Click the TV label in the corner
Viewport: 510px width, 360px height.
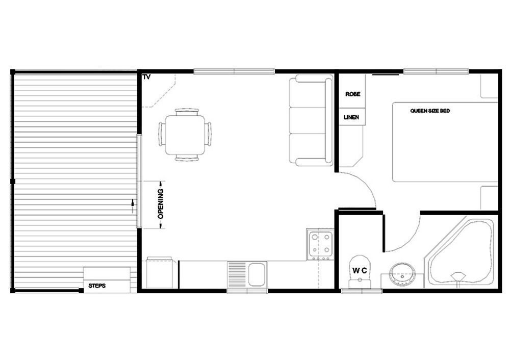point(146,77)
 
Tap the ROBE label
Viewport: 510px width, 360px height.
point(352,94)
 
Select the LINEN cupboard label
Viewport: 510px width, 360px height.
point(351,117)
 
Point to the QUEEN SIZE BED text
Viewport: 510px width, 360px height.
point(429,111)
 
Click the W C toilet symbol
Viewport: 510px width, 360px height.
point(360,271)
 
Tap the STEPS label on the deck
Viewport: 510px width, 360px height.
point(97,286)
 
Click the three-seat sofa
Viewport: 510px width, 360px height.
point(311,120)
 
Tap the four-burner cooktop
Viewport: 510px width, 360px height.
point(320,245)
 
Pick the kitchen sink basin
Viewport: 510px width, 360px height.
point(257,274)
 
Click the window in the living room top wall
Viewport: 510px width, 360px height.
point(234,71)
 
